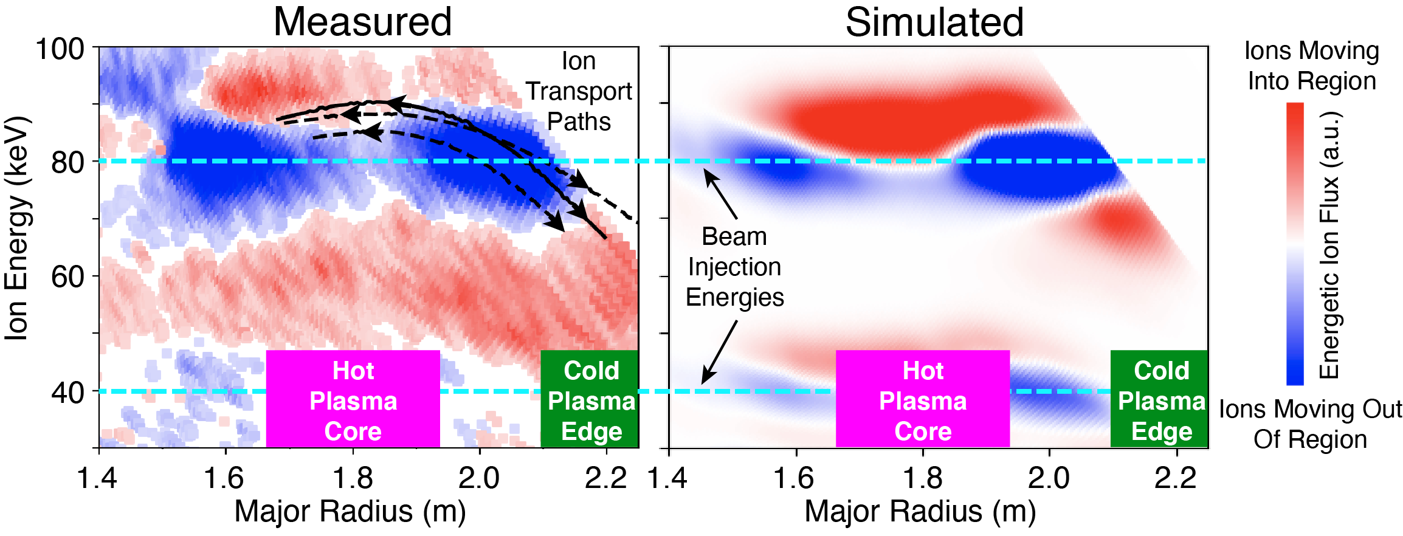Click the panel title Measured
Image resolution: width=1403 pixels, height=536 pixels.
click(362, 22)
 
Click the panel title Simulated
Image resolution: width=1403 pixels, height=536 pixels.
click(934, 22)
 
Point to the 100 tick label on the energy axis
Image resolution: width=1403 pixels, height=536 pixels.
click(60, 49)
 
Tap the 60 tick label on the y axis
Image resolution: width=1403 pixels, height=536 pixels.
click(67, 277)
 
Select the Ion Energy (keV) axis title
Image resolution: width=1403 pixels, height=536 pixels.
click(16, 228)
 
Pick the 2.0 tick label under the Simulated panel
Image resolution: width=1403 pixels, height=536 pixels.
click(1049, 478)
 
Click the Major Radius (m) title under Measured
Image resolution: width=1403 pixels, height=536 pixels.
click(350, 511)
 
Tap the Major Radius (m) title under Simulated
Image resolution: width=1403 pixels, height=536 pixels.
click(920, 511)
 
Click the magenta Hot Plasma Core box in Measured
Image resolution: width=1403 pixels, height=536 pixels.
click(353, 399)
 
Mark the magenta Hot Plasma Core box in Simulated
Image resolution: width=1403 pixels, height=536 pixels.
click(923, 399)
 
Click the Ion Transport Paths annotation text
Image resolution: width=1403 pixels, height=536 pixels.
click(579, 91)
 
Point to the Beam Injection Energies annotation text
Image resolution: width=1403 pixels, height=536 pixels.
click(734, 267)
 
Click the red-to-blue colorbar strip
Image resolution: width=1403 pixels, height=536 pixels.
click(1295, 243)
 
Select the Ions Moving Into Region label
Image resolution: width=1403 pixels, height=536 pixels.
click(1312, 66)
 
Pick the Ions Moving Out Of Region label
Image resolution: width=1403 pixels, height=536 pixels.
click(1311, 424)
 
